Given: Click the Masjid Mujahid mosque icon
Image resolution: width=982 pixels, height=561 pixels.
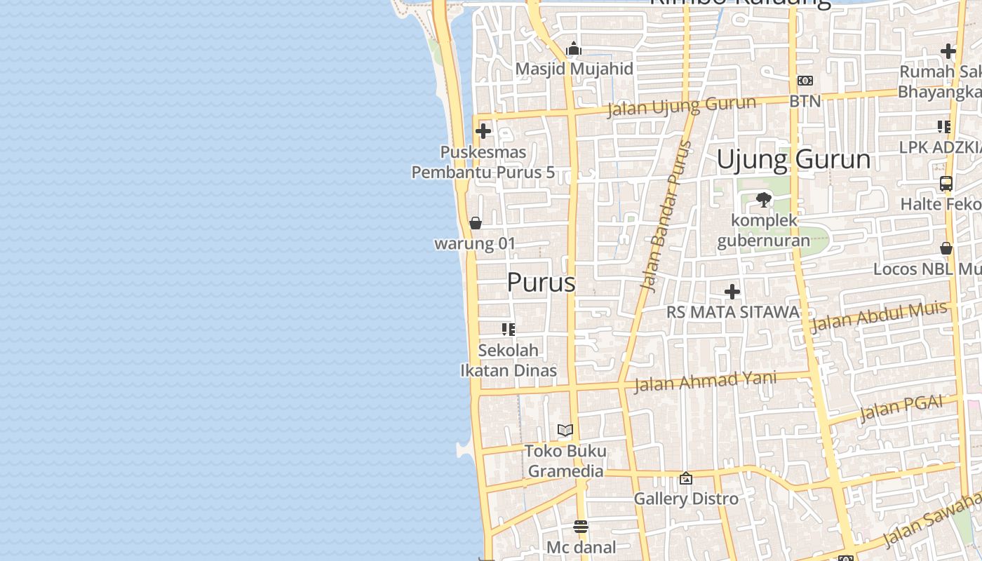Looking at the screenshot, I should tap(574, 49).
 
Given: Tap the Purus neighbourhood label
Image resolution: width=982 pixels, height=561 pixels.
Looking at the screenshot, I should tap(541, 283).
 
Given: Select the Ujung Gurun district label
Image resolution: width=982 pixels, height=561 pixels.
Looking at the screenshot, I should tap(793, 160).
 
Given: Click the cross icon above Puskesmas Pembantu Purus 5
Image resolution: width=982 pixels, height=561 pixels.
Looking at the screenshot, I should tap(483, 131).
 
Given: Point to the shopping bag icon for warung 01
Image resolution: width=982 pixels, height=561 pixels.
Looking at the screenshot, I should tap(476, 223).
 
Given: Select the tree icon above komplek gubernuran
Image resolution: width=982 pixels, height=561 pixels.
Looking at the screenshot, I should tap(764, 200).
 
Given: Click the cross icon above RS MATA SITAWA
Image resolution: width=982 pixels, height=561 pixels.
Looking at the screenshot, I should tap(732, 292).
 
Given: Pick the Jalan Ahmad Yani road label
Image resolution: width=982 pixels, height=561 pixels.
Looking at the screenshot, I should tap(705, 381).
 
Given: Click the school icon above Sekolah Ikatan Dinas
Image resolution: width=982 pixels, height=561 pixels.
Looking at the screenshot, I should tap(509, 329).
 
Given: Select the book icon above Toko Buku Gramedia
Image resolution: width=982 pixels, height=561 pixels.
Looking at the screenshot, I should tap(565, 430).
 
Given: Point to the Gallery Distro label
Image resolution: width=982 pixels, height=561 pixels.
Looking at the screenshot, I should tap(686, 499).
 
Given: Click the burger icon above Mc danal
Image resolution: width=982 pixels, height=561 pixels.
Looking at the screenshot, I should tap(581, 527).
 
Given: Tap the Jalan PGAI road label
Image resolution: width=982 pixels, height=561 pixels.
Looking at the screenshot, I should tap(901, 407).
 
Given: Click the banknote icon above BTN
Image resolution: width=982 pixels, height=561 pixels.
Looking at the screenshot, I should tap(805, 81).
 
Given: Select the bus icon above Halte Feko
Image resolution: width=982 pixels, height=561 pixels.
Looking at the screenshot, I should tap(946, 184).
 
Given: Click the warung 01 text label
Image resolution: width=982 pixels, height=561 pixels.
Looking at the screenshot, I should tap(475, 244).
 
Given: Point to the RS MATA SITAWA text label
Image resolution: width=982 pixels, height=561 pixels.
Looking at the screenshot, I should tap(732, 312).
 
